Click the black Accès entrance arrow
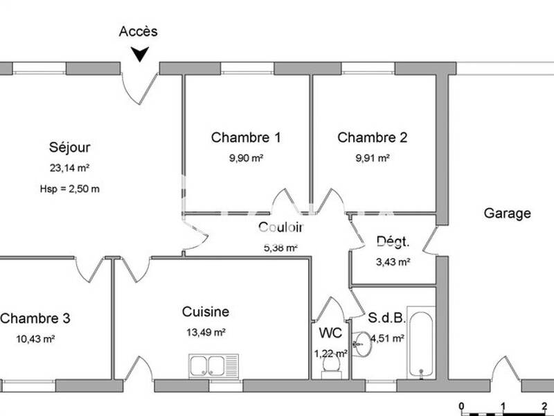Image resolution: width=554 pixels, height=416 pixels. point(141,54)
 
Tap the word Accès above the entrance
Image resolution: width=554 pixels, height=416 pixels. point(138,31)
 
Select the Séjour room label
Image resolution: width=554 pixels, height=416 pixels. point(69,147)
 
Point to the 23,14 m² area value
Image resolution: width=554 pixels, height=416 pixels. point(69,168)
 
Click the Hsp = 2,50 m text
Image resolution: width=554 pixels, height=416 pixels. point(69,189)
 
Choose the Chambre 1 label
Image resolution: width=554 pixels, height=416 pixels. point(246,137)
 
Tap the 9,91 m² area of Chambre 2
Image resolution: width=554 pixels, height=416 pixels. point(373,158)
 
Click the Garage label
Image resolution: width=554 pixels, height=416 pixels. point(507,214)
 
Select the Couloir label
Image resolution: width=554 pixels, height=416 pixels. point(280,227)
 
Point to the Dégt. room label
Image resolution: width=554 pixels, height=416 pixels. point(393,242)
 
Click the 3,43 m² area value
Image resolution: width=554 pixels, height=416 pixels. point(393,262)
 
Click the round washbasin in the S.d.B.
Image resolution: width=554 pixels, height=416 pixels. point(361,342)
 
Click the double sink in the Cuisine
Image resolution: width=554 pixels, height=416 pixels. point(213,364)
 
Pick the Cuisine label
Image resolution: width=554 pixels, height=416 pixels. point(206,312)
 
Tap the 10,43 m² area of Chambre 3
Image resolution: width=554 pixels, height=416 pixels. point(35,339)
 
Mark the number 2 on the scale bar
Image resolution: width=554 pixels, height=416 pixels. point(545,406)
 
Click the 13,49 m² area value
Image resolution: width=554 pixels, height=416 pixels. point(206,332)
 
